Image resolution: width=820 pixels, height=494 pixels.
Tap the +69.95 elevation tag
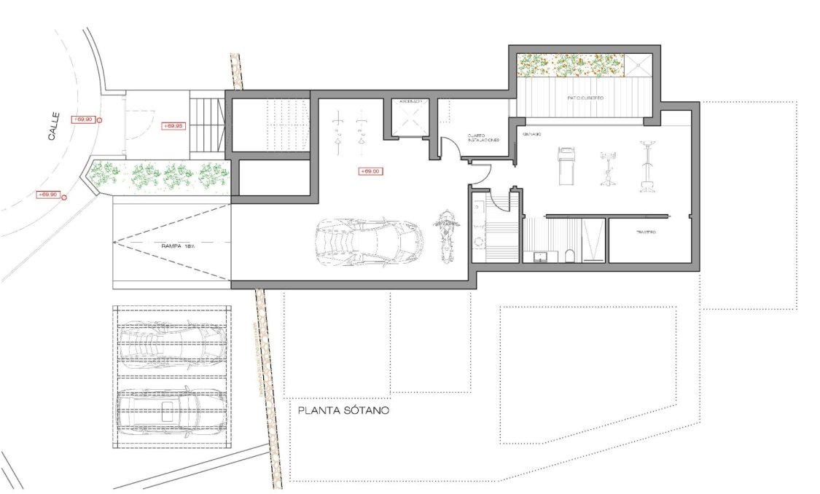click(173, 126)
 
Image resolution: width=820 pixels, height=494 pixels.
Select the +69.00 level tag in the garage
click(370, 171)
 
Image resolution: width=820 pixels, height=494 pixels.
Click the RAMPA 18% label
click(178, 247)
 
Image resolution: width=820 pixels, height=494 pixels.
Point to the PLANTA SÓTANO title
click(343, 411)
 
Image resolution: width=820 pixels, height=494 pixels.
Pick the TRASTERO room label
click(644, 232)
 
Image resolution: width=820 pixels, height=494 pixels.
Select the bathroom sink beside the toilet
click(542, 256)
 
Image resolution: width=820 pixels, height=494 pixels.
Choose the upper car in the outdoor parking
click(171, 342)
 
